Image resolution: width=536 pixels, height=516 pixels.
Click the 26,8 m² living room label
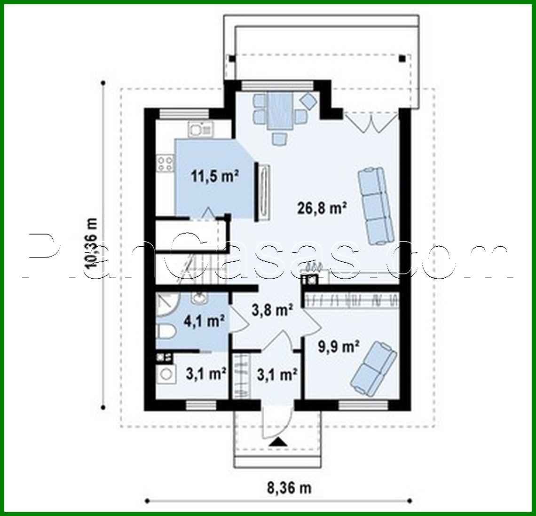[322, 207]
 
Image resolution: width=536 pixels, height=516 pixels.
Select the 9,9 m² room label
[337, 347]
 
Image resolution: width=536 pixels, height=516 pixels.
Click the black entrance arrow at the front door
[278, 441]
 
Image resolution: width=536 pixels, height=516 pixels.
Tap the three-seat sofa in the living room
[376, 205]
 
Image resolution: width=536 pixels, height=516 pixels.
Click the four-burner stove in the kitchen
[165, 163]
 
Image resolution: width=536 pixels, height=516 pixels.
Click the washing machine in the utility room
[166, 375]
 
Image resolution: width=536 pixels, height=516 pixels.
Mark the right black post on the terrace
[402, 59]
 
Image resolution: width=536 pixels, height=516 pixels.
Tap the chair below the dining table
[280, 138]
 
